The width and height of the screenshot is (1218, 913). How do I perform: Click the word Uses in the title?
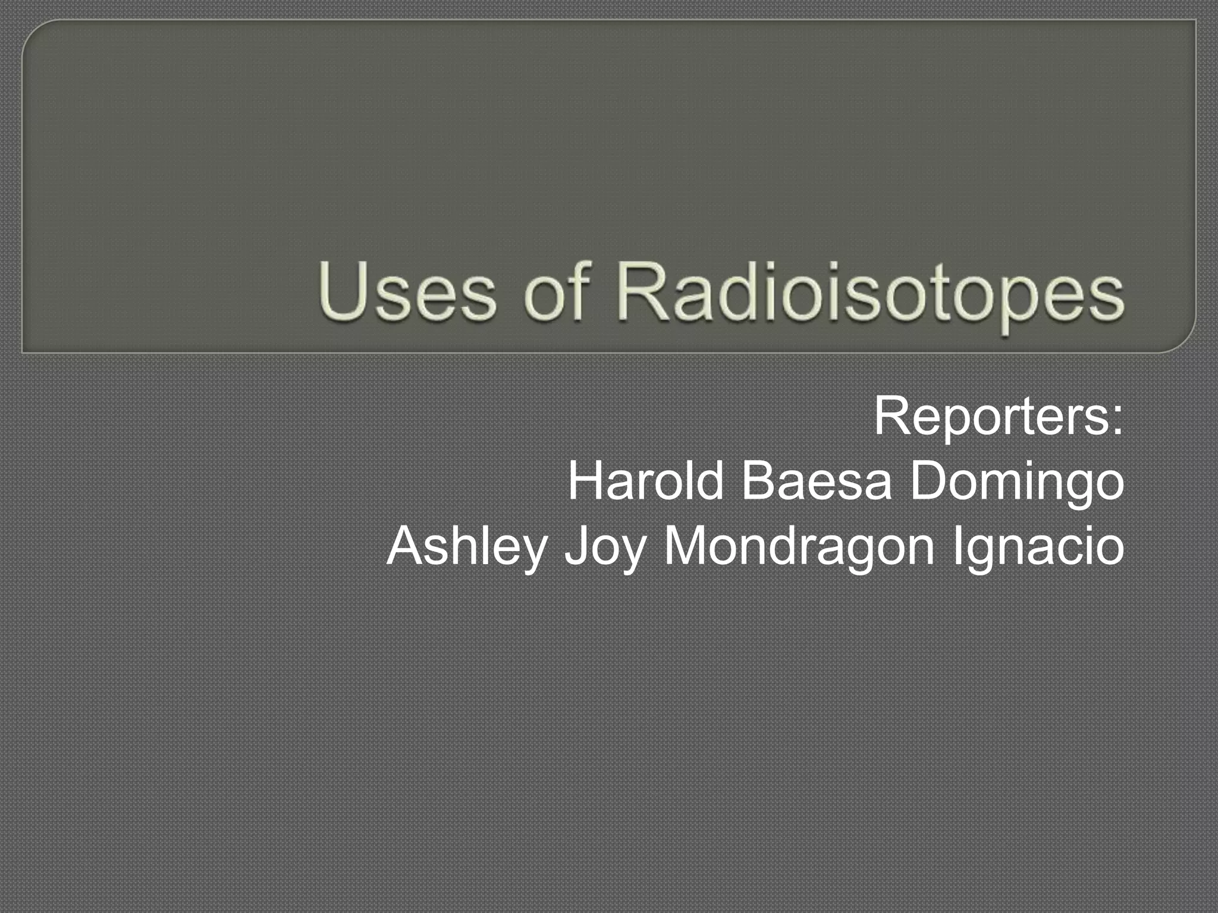tap(407, 293)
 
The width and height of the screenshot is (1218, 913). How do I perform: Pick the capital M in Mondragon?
tap(687, 545)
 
